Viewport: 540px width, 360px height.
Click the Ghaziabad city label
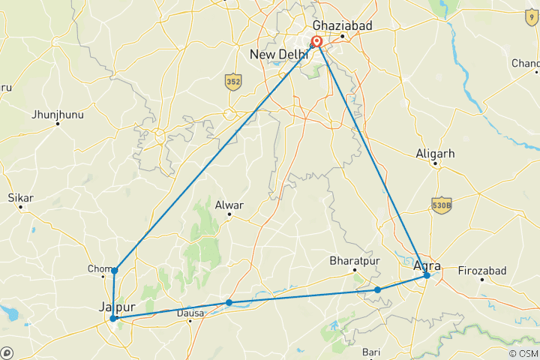pos(342,25)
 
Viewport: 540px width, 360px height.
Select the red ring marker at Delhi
pos(317,42)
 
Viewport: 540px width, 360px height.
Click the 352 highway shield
pos(233,82)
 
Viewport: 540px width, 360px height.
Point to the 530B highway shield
pos(440,205)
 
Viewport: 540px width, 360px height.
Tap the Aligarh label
pos(435,154)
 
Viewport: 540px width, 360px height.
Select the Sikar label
pos(20,198)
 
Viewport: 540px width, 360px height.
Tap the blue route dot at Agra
pos(427,275)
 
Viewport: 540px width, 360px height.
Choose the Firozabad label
pos(482,270)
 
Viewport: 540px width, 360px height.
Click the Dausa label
pos(190,313)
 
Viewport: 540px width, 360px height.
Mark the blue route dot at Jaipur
pos(113,318)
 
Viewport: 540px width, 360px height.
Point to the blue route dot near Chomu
pos(114,270)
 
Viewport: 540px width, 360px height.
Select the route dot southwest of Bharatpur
pos(377,289)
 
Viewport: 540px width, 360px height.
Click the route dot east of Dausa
pos(229,303)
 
